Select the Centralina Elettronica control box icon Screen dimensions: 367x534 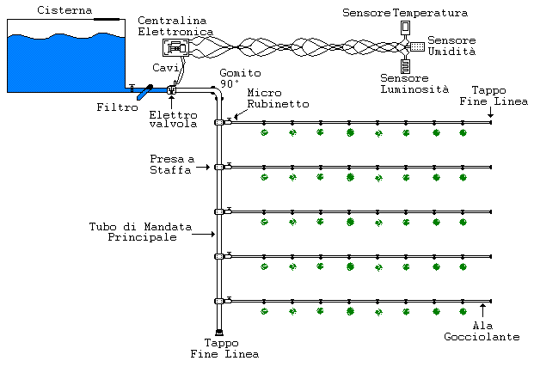(x=178, y=49)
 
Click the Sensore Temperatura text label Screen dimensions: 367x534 (x=393, y=13)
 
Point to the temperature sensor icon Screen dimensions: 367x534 (x=406, y=27)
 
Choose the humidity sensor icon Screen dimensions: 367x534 (x=416, y=46)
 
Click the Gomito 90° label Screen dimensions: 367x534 (x=234, y=78)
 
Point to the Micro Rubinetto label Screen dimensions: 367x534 (x=270, y=99)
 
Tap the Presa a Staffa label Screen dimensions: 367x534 (x=172, y=164)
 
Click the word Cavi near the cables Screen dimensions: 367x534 (x=164, y=67)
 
